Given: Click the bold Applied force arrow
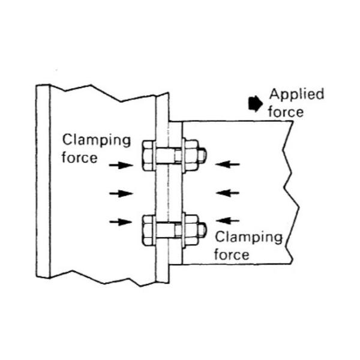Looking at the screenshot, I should click(x=255, y=104).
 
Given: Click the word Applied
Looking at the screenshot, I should click(x=296, y=94).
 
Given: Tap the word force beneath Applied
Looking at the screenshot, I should click(x=286, y=112).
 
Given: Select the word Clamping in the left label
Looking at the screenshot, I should click(x=97, y=141).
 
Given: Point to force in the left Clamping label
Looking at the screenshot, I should click(x=79, y=158).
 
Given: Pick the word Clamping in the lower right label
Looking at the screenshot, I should click(x=248, y=236).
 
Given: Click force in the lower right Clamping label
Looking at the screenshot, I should click(x=232, y=254).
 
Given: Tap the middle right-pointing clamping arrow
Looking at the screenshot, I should click(x=121, y=193).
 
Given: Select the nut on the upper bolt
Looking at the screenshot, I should click(x=191, y=155).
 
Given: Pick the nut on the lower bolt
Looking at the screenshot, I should click(x=191, y=229).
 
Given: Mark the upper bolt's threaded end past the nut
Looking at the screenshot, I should click(x=203, y=155).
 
